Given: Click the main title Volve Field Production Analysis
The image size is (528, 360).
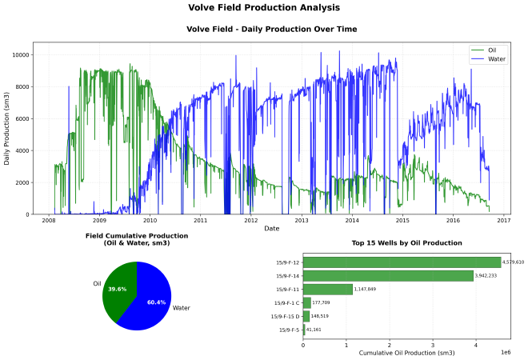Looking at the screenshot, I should (263, 8).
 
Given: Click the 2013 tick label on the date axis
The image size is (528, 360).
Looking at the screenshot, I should (301, 221).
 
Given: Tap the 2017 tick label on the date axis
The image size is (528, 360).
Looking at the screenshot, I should (503, 221).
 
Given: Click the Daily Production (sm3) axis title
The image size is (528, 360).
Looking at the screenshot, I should (7, 129).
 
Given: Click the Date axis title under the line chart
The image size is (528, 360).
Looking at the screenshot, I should (272, 229).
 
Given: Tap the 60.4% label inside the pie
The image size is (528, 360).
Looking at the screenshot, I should (156, 302).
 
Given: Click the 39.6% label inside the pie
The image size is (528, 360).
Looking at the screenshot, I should (117, 289).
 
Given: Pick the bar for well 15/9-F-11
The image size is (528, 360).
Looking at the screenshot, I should (328, 289).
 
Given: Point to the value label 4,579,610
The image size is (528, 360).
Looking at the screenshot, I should (513, 262).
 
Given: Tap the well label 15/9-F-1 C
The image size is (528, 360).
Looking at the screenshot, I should (286, 302).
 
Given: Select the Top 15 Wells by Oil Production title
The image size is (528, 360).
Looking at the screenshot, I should (406, 242).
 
